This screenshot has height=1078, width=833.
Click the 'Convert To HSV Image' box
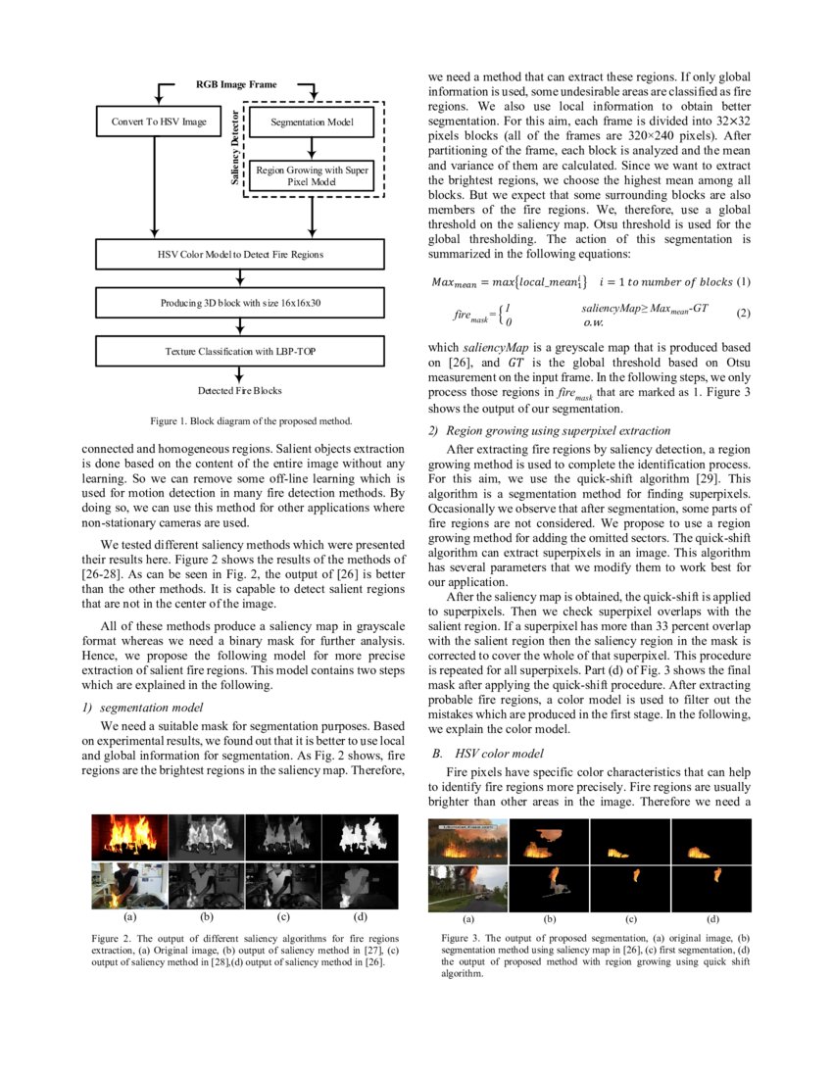click(153, 122)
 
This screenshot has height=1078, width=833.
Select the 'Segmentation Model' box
click(311, 122)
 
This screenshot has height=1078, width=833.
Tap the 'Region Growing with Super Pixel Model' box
click(311, 175)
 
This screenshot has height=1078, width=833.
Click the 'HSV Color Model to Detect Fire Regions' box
click(239, 255)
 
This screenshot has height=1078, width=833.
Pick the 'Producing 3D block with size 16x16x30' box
click(239, 303)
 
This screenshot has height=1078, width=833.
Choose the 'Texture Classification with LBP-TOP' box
click(239, 350)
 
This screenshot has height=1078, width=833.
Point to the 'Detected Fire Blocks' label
click(239, 390)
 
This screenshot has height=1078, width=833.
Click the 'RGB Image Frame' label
click(236, 85)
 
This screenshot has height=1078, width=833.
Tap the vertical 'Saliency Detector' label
click(235, 148)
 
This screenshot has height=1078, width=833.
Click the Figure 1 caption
click(250, 421)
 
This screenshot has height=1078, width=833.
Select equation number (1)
click(743, 282)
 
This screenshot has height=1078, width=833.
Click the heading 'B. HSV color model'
click(487, 754)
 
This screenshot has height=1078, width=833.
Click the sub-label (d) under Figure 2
click(361, 919)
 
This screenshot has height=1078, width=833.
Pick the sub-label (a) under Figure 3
click(467, 919)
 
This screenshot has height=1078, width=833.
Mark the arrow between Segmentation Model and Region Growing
click(311, 147)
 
